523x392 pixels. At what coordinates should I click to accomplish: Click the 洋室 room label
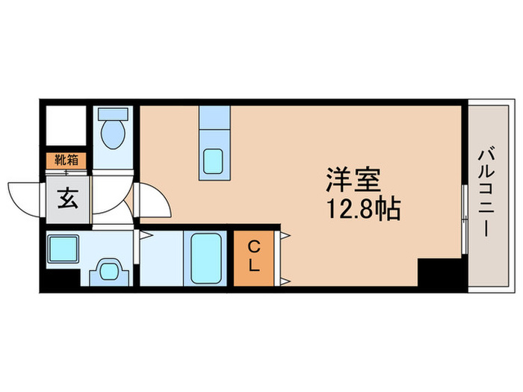pyautogui.click(x=353, y=180)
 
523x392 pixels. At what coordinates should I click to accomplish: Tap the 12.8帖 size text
pyautogui.click(x=362, y=208)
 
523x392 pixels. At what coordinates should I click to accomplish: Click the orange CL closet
pyautogui.click(x=254, y=258)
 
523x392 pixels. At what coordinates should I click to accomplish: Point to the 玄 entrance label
pyautogui.click(x=66, y=200)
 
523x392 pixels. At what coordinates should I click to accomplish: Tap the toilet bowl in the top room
pyautogui.click(x=114, y=135)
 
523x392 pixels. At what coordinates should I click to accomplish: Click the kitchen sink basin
pyautogui.click(x=214, y=161)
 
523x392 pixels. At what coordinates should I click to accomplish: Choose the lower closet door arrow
pyautogui.click(x=285, y=281)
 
